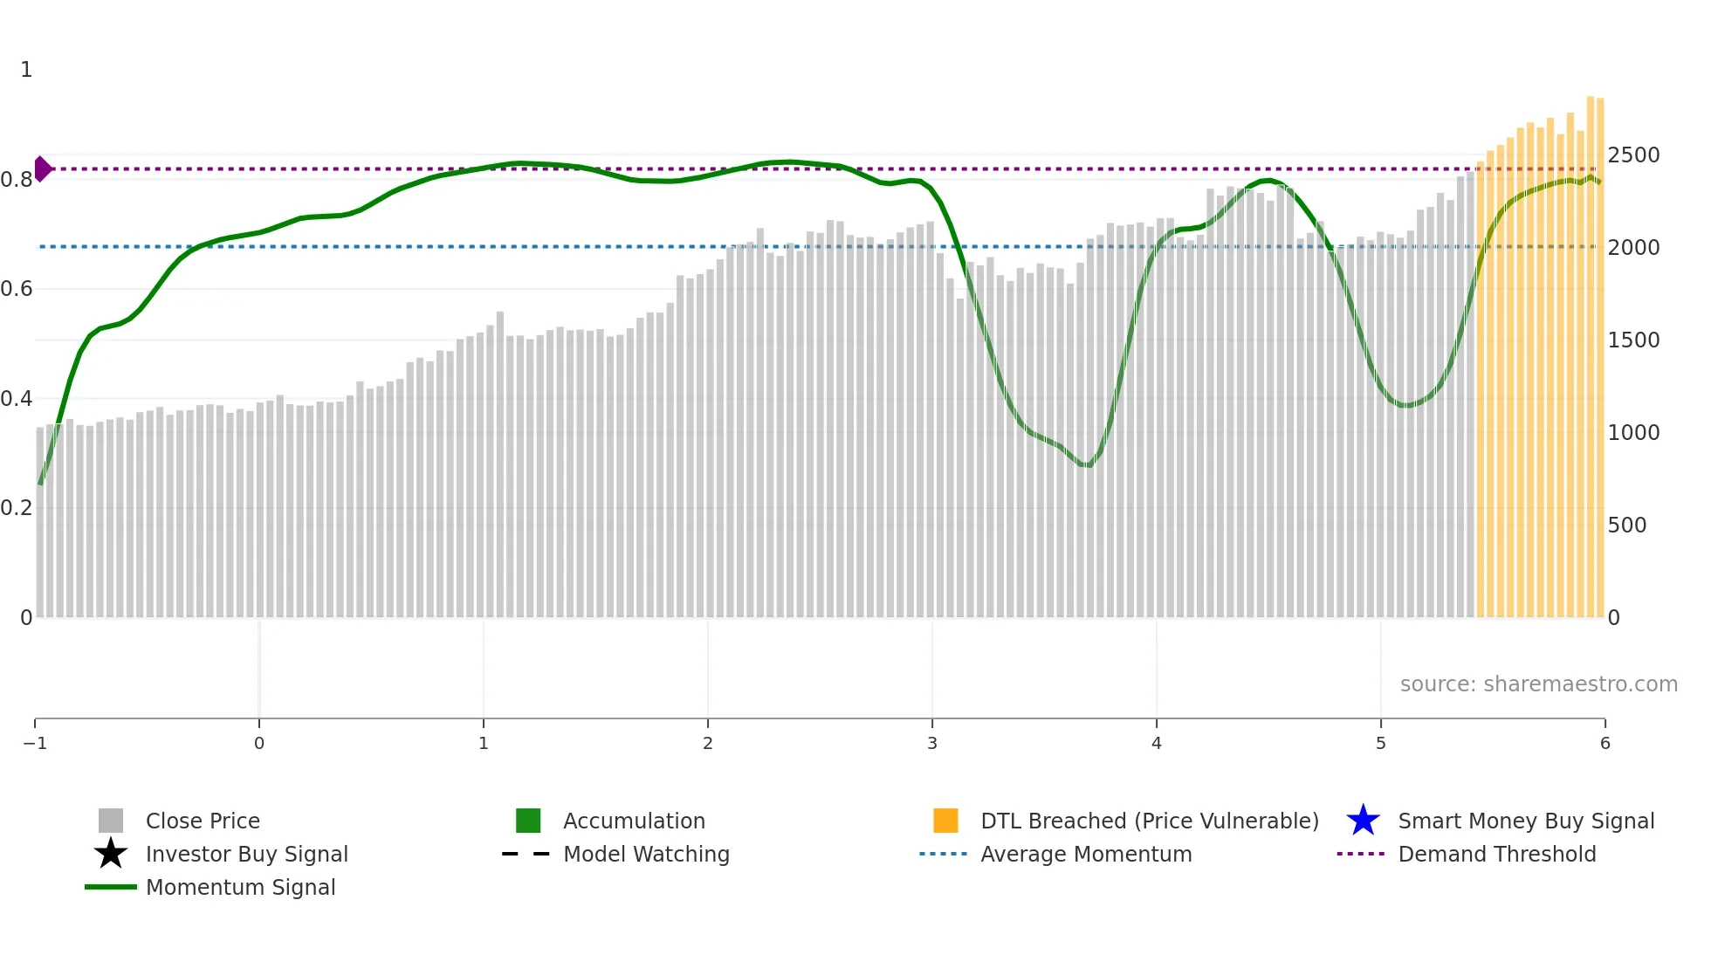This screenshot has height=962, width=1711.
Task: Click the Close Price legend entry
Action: (x=202, y=821)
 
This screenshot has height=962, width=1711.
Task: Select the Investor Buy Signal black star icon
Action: (x=111, y=854)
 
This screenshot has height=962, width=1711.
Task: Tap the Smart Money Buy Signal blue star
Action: (x=1363, y=821)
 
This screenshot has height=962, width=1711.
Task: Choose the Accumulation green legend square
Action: (x=528, y=821)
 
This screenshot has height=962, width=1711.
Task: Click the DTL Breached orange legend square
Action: (x=945, y=821)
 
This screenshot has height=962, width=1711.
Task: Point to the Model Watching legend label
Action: (x=646, y=854)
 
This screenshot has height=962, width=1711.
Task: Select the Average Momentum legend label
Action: (x=1086, y=854)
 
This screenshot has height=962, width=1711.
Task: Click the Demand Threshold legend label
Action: (x=1496, y=854)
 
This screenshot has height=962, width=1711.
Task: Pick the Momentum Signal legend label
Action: (x=240, y=887)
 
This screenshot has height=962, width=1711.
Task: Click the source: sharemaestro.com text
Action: (x=1538, y=684)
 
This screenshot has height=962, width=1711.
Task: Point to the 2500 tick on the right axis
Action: (x=1633, y=155)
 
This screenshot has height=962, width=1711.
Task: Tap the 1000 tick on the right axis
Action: (x=1633, y=433)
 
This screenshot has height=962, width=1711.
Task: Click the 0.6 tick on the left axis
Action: (x=17, y=289)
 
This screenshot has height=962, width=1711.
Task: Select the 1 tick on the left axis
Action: (x=26, y=70)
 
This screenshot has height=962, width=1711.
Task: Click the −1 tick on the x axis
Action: (x=35, y=743)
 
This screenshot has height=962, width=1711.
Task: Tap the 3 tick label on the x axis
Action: (x=932, y=743)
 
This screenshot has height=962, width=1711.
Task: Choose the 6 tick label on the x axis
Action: (x=1604, y=743)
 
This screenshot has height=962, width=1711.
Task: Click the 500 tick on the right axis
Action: (x=1627, y=526)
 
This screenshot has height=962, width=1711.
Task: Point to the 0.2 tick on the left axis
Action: (x=17, y=508)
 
